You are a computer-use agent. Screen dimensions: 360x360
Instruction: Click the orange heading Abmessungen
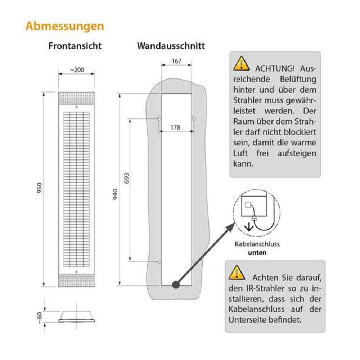[65, 26]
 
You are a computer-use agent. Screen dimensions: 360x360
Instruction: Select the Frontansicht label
[75, 46]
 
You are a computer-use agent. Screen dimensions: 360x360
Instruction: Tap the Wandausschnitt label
[171, 46]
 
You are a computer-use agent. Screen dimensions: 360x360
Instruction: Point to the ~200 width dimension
[76, 70]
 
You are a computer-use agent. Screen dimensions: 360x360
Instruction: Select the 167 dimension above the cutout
[176, 61]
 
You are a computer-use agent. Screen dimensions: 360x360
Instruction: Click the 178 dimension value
[176, 127]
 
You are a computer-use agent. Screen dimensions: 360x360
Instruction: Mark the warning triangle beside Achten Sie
[237, 273]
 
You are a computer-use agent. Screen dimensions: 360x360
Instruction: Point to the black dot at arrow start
[175, 284]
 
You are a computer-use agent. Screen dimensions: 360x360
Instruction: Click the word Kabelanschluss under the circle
[257, 244]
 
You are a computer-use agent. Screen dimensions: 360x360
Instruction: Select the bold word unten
[257, 252]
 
